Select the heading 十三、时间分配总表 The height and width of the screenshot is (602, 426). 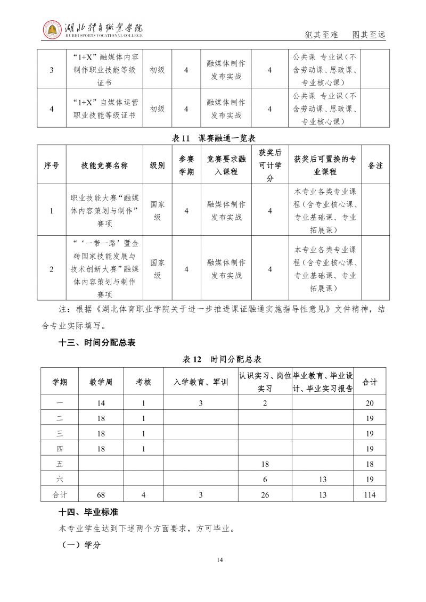[97, 342]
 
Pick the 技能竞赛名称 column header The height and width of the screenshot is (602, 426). [105, 166]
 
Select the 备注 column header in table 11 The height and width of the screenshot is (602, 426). [375, 166]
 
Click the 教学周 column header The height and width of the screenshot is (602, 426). [101, 382]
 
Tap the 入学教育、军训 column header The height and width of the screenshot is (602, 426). [201, 382]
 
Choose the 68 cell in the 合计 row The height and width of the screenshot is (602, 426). [101, 494]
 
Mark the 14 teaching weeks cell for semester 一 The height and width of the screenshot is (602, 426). [101, 403]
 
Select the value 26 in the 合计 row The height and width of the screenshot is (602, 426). [265, 494]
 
